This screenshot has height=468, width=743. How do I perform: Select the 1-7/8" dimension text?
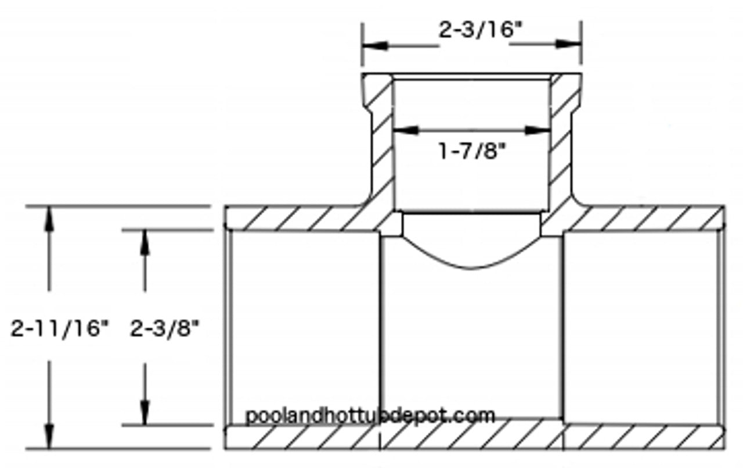[471, 152]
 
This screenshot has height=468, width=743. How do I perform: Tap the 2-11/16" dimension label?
[60, 328]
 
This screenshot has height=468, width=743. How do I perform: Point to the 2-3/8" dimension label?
[165, 328]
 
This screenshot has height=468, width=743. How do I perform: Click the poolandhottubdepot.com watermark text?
[370, 415]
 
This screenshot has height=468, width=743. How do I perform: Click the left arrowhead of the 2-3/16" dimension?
[372, 44]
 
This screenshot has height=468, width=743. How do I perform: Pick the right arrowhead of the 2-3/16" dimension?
[571, 44]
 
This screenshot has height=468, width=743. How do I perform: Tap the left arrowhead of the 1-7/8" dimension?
[404, 131]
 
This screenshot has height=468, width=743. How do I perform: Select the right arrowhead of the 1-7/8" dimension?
[539, 131]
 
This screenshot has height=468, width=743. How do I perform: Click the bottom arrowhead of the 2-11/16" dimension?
[50, 437]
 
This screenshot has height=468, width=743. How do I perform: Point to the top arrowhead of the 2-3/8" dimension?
[145, 241]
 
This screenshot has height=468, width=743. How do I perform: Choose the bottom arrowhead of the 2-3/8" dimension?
[145, 414]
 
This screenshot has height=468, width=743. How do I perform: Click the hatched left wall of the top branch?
[380, 145]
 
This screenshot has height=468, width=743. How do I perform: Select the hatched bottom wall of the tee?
[473, 437]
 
